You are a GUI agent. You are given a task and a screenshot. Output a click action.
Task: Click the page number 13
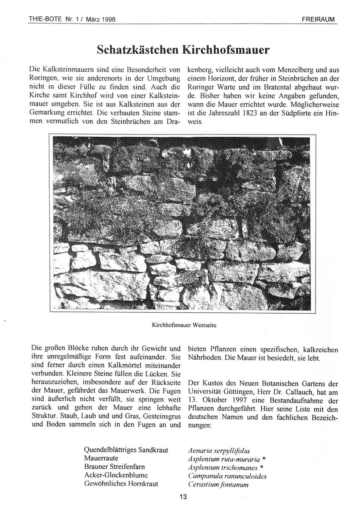tap(183, 497)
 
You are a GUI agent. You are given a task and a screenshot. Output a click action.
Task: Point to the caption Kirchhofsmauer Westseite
tap(183, 324)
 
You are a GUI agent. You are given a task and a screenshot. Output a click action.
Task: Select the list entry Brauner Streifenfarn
tap(115, 468)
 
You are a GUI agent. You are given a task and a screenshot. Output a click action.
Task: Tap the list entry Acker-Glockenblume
tap(115, 476)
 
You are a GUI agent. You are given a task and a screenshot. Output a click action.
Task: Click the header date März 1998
tap(101, 19)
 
